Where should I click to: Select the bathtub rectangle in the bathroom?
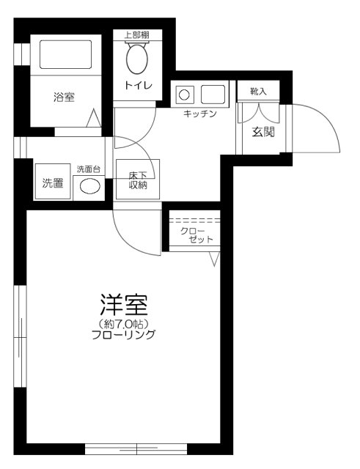click(x=64, y=54)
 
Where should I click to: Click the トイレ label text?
click(x=138, y=85)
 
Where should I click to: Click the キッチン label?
click(x=199, y=114)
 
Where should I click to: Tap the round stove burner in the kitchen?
click(x=184, y=94)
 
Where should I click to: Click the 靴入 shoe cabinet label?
click(x=258, y=91)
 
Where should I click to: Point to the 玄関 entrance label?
click(x=263, y=133)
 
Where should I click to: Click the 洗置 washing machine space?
click(x=51, y=183)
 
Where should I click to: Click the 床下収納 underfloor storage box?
click(x=138, y=180)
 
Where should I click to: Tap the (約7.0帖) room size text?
click(x=123, y=323)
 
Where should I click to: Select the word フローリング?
click(x=123, y=335)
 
